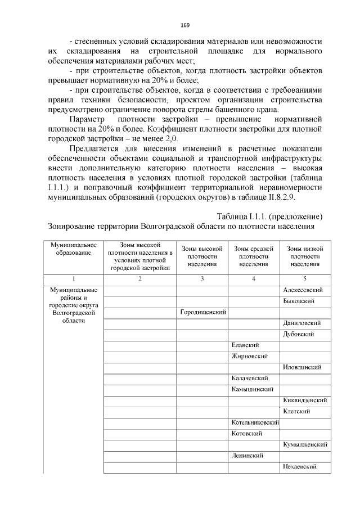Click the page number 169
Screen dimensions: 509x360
click(x=185, y=25)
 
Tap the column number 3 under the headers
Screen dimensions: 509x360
click(x=202, y=279)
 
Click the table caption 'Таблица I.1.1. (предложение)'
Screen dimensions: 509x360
click(x=269, y=217)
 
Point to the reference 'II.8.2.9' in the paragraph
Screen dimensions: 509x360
click(x=287, y=197)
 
